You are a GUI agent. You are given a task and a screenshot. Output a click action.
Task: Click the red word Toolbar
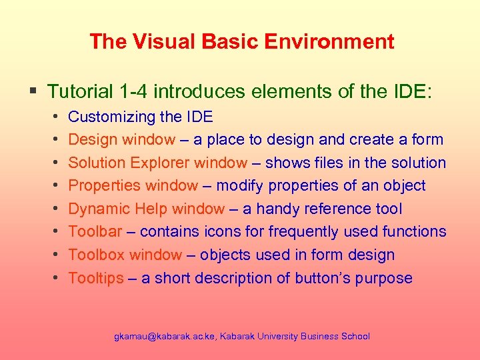(95, 231)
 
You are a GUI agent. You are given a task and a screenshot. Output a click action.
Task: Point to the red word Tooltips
(96, 278)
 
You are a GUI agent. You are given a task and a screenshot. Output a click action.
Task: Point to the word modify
(239, 185)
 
